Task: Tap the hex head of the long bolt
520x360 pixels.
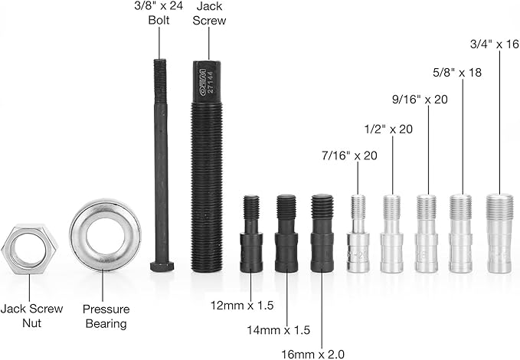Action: point(162,267)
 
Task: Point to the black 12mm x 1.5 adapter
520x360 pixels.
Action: point(251,234)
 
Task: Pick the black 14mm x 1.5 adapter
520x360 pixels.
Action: point(286,234)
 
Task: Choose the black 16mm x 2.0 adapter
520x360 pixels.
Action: point(322,234)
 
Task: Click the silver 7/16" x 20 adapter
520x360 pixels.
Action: point(358,234)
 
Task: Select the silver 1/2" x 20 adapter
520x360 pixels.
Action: point(392,234)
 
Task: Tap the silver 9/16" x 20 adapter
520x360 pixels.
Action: point(427,234)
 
